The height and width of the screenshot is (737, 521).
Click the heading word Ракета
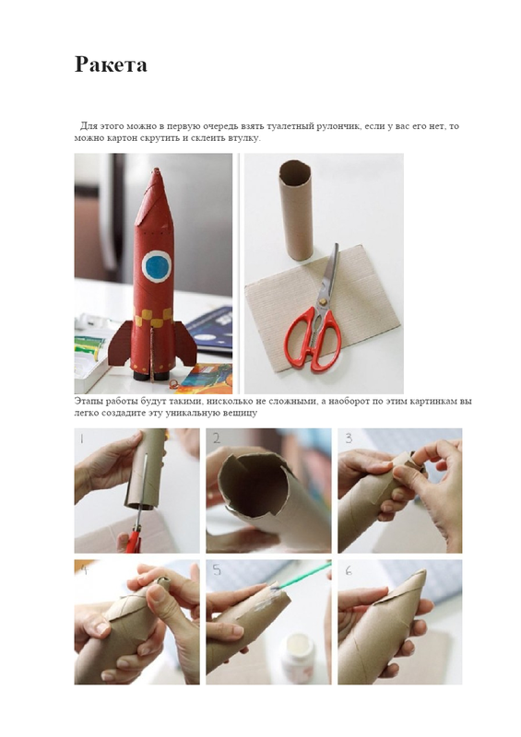click(111, 64)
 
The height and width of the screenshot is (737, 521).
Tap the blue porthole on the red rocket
click(156, 266)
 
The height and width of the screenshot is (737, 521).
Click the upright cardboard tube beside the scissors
click(296, 210)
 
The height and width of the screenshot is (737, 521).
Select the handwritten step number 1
click(81, 439)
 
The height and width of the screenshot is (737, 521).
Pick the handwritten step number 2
click(216, 439)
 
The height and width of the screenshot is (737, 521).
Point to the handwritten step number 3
click(349, 439)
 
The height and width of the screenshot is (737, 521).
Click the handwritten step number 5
click(217, 569)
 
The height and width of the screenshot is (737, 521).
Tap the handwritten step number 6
click(349, 570)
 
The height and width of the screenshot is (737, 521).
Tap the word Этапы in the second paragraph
click(88, 401)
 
